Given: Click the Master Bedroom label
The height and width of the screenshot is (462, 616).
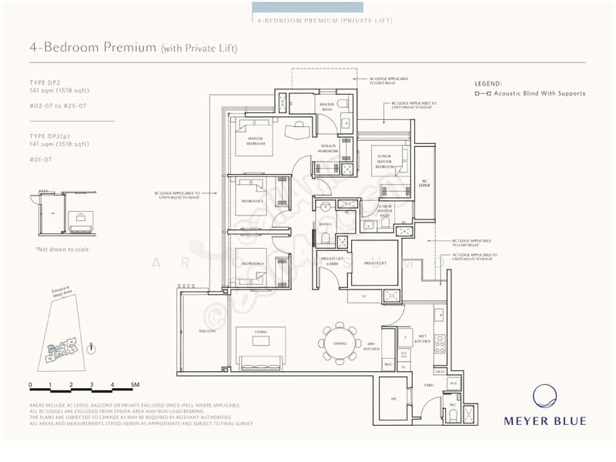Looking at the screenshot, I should tap(256, 141).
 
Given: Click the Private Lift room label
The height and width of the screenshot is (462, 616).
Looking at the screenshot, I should tap(374, 264).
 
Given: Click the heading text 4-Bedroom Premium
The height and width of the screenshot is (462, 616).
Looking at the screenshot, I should tap(92, 48).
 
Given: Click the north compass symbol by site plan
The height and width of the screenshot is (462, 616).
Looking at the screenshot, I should tap(92, 348).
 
